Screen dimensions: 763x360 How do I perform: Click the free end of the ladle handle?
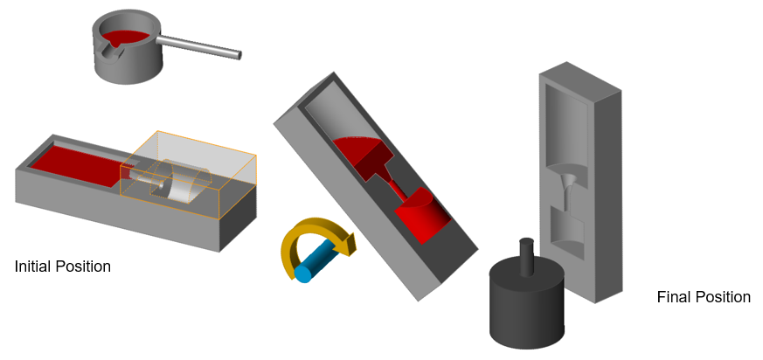[x=239, y=55]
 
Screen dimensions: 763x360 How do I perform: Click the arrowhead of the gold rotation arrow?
[x=348, y=243]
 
